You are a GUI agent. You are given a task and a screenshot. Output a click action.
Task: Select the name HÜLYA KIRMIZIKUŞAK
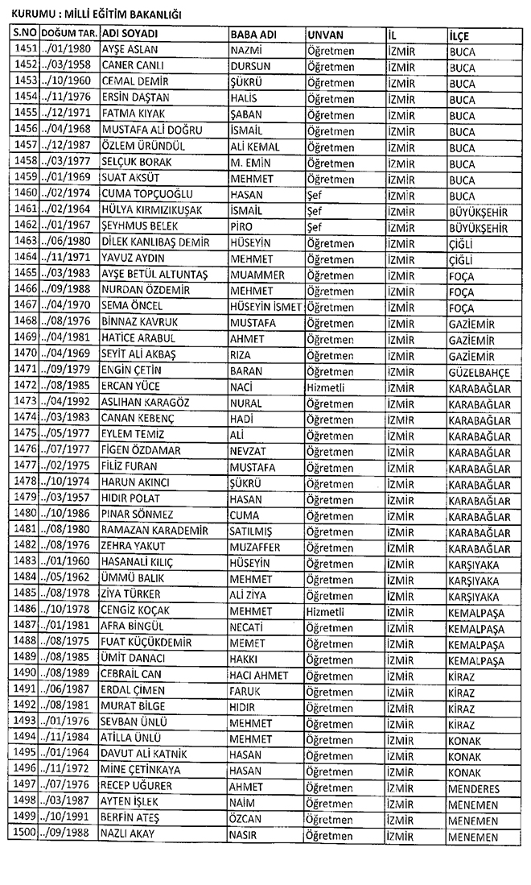151,211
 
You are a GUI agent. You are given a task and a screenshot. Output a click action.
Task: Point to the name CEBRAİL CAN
132,674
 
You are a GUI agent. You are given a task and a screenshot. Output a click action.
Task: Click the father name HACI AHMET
261,674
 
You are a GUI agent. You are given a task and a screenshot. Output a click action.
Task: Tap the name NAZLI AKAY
128,833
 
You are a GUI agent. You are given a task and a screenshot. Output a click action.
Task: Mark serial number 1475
27,435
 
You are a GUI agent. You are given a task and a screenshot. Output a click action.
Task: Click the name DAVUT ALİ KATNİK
144,755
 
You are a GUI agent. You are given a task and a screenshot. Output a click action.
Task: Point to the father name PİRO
241,227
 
